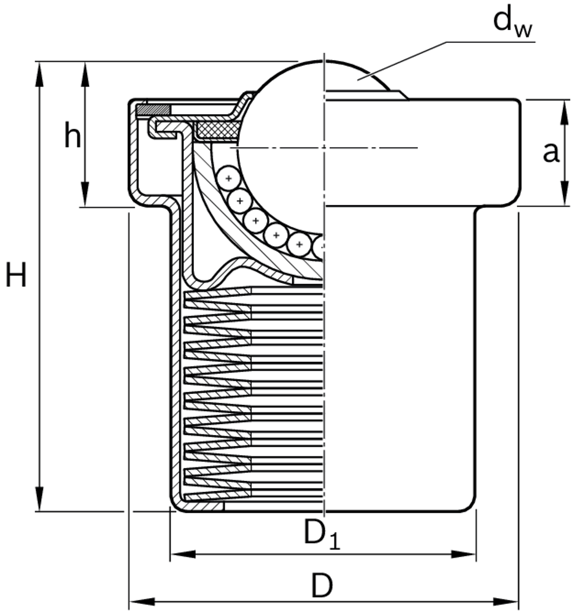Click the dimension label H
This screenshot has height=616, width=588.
coord(16,275)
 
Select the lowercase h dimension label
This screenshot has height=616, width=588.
coord(72,136)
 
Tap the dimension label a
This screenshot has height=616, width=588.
coord(551,152)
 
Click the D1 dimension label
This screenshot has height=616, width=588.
coord(322,534)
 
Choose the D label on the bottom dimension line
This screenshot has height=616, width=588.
coord(321,587)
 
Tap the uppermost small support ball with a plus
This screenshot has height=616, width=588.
coord(228,179)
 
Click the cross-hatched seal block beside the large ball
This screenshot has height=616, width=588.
coord(217,129)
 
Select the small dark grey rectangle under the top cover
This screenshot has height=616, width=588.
coord(153,110)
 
